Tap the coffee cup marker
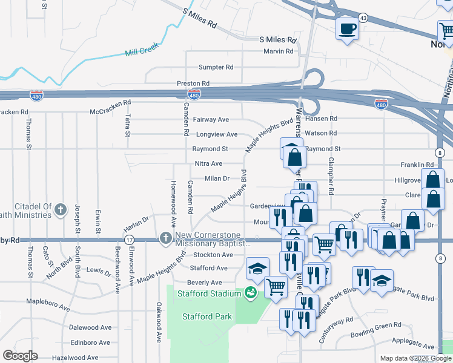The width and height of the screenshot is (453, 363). (347, 28)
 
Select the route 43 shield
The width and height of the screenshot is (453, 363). (363, 18)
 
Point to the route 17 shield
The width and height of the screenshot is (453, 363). (129, 240)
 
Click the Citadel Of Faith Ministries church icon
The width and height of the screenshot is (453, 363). (60, 210)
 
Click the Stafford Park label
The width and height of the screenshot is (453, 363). (207, 316)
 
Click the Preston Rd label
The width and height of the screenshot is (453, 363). (193, 83)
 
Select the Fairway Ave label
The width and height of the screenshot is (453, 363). (211, 120)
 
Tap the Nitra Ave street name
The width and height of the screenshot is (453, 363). (208, 164)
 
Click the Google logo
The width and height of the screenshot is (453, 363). (21, 356)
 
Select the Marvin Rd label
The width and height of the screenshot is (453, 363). (278, 51)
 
